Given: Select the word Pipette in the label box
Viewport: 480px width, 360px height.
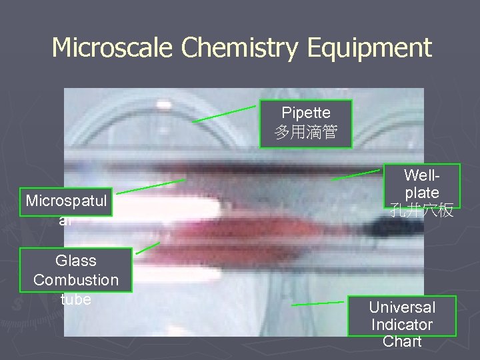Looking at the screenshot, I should (x=305, y=113).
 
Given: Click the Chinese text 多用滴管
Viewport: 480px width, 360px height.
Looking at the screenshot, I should (x=305, y=133).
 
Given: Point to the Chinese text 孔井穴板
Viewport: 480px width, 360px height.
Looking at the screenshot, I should (x=421, y=211).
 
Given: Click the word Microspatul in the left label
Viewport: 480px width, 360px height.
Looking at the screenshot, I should (x=67, y=201).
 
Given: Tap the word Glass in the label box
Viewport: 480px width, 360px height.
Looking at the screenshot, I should (x=76, y=261).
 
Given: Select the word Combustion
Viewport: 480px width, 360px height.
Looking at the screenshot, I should (x=76, y=280).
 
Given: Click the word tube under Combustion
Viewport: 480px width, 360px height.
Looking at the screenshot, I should (x=76, y=299).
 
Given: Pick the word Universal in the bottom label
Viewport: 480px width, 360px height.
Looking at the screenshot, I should (x=402, y=307).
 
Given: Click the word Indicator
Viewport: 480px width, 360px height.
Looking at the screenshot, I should (x=402, y=325).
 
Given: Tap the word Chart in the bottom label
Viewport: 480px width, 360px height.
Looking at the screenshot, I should (x=402, y=342).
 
